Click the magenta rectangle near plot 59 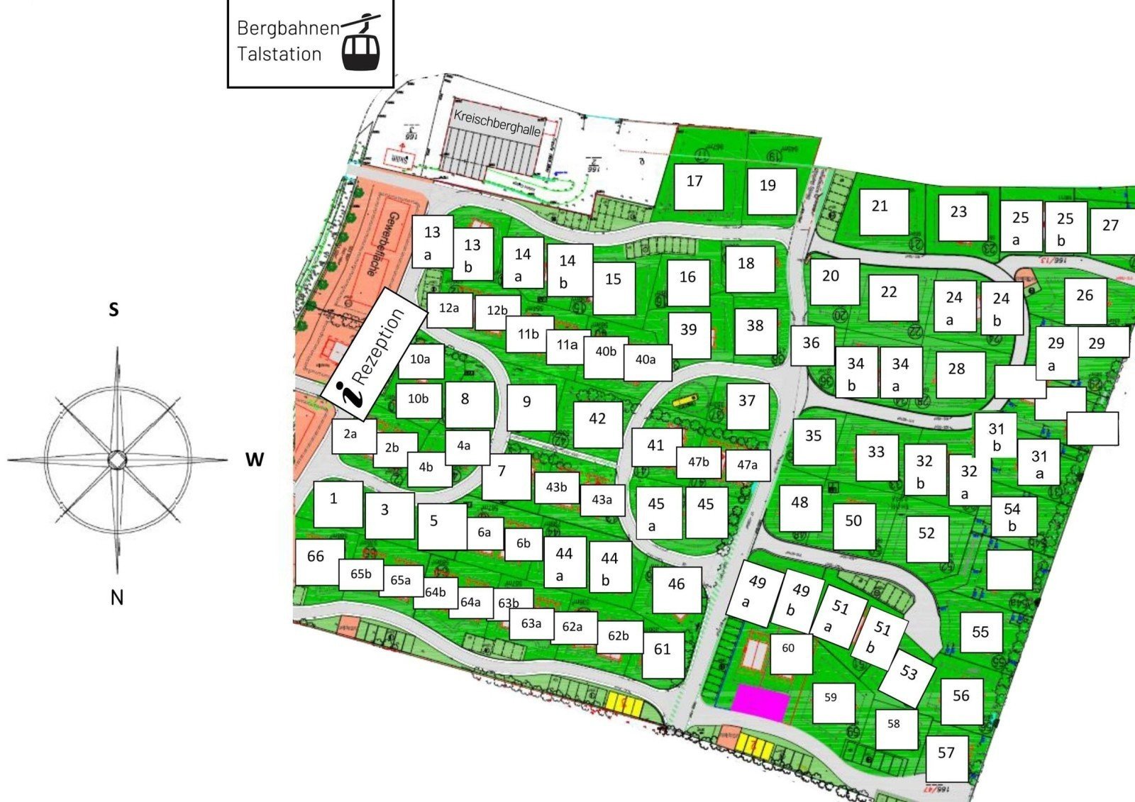click(x=760, y=702)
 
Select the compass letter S click(x=113, y=310)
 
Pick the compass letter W click(x=254, y=460)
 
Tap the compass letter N click(x=117, y=597)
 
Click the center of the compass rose click(x=116, y=460)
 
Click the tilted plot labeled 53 click(x=908, y=672)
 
